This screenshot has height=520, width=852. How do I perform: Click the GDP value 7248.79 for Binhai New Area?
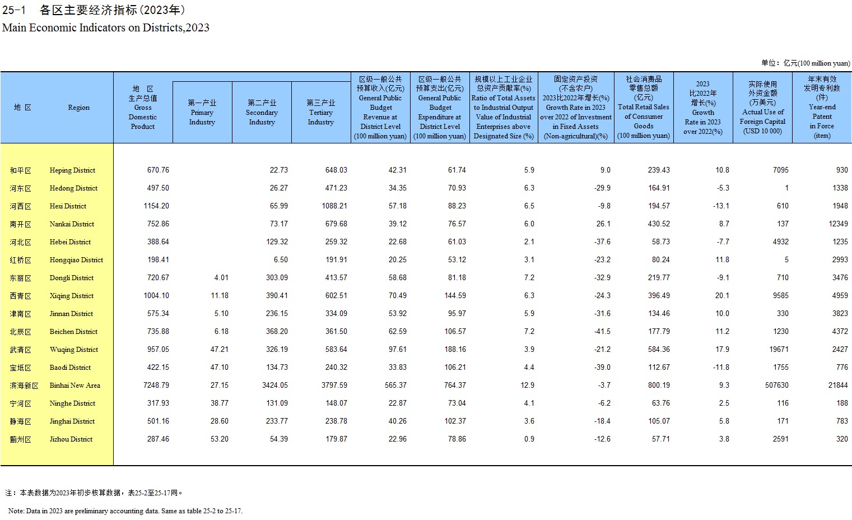coord(156,386)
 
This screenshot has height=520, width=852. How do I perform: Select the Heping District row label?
coord(72,170)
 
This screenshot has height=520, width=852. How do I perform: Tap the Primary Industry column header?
coord(202,113)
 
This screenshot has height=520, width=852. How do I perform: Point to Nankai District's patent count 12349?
coord(839,224)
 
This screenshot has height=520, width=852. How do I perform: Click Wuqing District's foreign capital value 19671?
coord(779,350)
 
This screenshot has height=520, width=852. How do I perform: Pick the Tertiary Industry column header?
coord(320,113)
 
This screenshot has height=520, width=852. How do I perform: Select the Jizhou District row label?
coord(71,439)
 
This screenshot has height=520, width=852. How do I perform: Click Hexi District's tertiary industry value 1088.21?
coord(334,206)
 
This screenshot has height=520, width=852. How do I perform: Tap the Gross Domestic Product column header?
coord(143,108)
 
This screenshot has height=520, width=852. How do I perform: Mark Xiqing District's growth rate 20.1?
coord(722,296)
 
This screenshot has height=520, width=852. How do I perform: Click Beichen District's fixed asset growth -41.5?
coord(603,332)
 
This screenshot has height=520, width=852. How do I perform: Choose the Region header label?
coord(79,108)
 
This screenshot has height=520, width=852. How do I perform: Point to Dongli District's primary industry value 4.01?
coord(221,278)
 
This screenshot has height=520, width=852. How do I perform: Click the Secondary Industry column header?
coord(262,113)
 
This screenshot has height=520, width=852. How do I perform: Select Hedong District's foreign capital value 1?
coord(786,188)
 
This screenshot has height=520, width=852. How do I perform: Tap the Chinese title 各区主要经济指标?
coord(89,10)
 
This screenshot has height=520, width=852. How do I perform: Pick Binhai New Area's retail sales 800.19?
coord(659,386)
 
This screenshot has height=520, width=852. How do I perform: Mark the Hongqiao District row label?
coord(76,260)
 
